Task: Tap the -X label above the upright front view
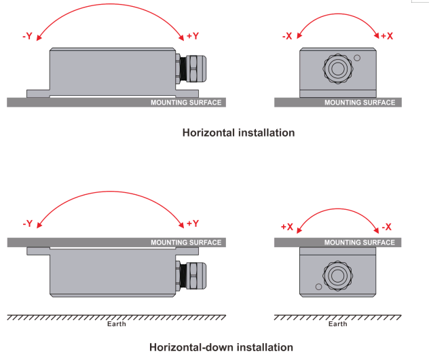[x=286, y=35]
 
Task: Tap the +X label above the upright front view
[x=387, y=35]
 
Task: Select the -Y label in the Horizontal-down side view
[x=27, y=223]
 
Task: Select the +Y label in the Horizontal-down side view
[x=192, y=223]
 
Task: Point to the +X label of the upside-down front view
[x=286, y=227]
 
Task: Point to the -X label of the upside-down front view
[x=387, y=227]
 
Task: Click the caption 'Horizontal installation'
[x=238, y=133]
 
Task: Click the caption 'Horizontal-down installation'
[x=221, y=347]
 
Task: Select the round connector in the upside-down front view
[x=337, y=275]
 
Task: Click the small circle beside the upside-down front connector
[x=317, y=287]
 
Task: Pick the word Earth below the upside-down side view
[x=117, y=324]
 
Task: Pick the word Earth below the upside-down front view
[x=337, y=324]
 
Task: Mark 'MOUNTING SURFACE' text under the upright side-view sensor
[x=186, y=103]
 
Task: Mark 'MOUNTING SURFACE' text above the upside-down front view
[x=359, y=242]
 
